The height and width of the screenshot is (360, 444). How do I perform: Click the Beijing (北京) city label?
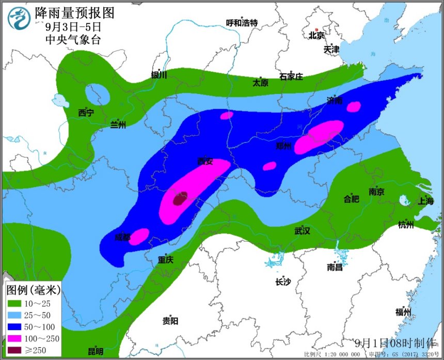[x=316, y=36]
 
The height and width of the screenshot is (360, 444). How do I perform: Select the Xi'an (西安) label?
[x=205, y=162]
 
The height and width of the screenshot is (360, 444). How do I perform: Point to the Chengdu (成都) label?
[x=123, y=238]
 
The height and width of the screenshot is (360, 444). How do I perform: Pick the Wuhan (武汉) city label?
[x=302, y=231]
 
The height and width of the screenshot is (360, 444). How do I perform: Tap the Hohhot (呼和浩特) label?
[x=242, y=23]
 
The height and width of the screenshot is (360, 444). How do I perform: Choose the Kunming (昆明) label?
[x=96, y=352]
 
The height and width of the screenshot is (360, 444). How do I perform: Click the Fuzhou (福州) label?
[x=403, y=312]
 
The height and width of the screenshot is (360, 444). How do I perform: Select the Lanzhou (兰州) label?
[x=118, y=124]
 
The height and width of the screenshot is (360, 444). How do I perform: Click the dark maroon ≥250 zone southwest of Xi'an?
[x=179, y=198]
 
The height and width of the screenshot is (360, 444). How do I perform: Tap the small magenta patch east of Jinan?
[x=354, y=107]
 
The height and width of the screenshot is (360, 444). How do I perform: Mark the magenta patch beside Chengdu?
[x=139, y=236]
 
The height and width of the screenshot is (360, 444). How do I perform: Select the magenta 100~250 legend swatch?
[x=16, y=339]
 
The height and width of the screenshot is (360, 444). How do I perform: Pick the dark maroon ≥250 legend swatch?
[x=16, y=351]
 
